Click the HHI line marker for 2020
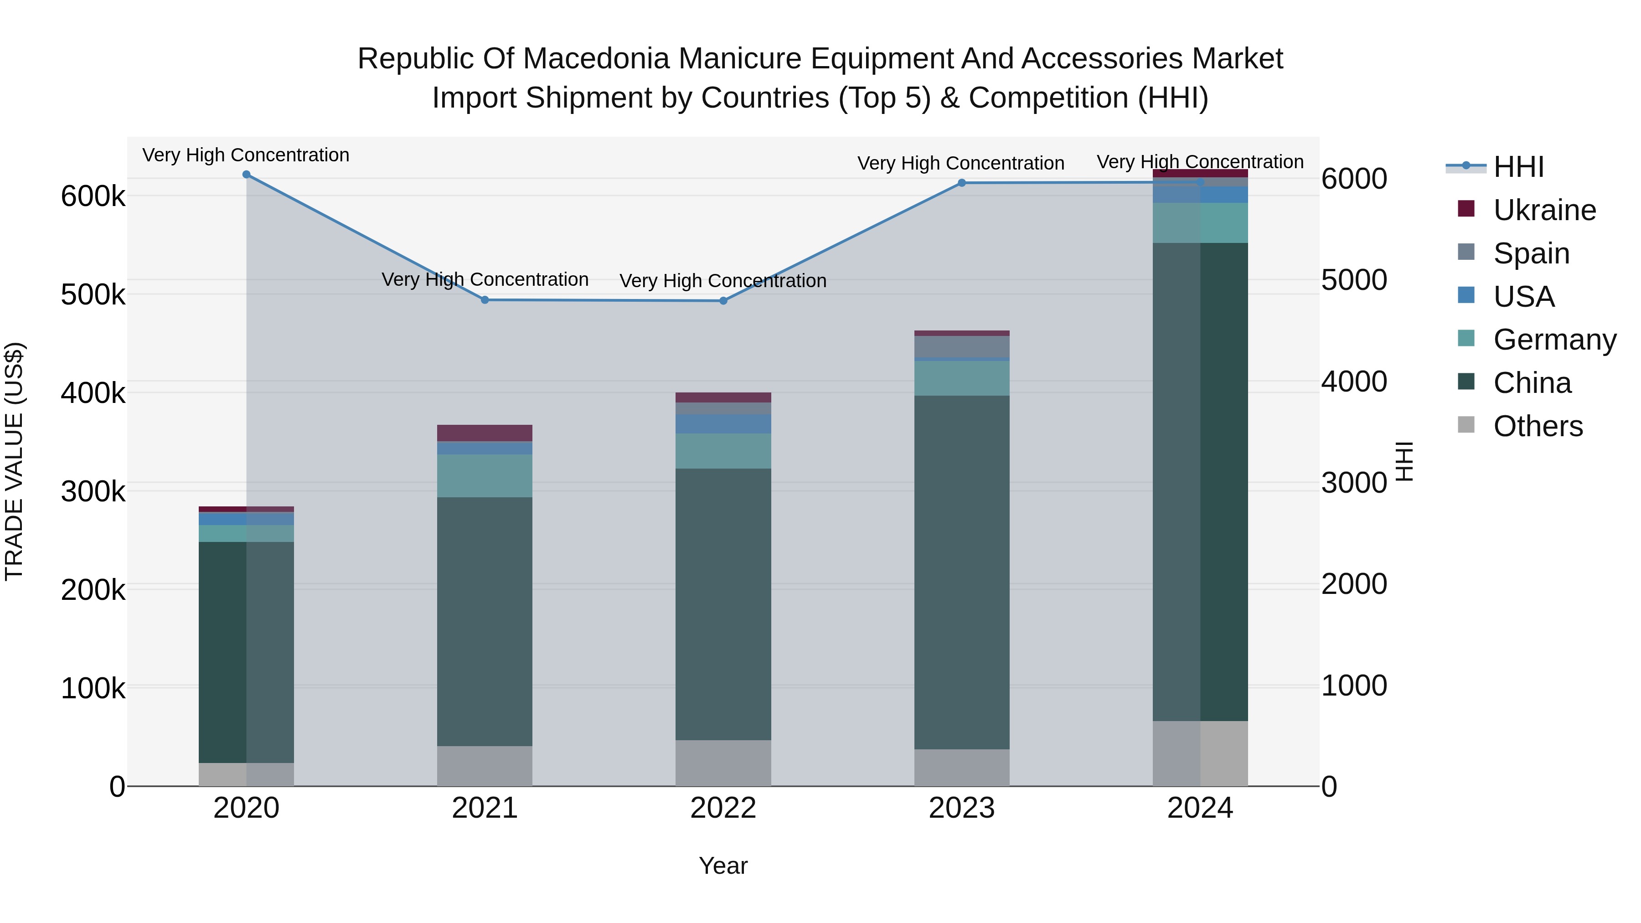coord(247,175)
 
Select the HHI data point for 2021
coord(485,300)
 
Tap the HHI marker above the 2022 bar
coord(723,301)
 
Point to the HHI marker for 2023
coord(962,183)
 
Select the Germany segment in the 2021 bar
coord(485,475)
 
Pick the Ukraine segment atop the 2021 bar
coord(485,433)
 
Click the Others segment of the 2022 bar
coord(723,763)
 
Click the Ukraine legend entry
coord(1544,210)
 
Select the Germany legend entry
coord(1554,340)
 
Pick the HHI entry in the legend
coord(1518,167)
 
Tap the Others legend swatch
coord(1466,425)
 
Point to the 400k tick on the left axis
coord(93,393)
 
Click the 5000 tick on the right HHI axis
coord(1354,280)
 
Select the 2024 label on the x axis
coord(1200,808)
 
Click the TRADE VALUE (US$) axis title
coord(14,461)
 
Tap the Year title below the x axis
coord(723,866)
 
